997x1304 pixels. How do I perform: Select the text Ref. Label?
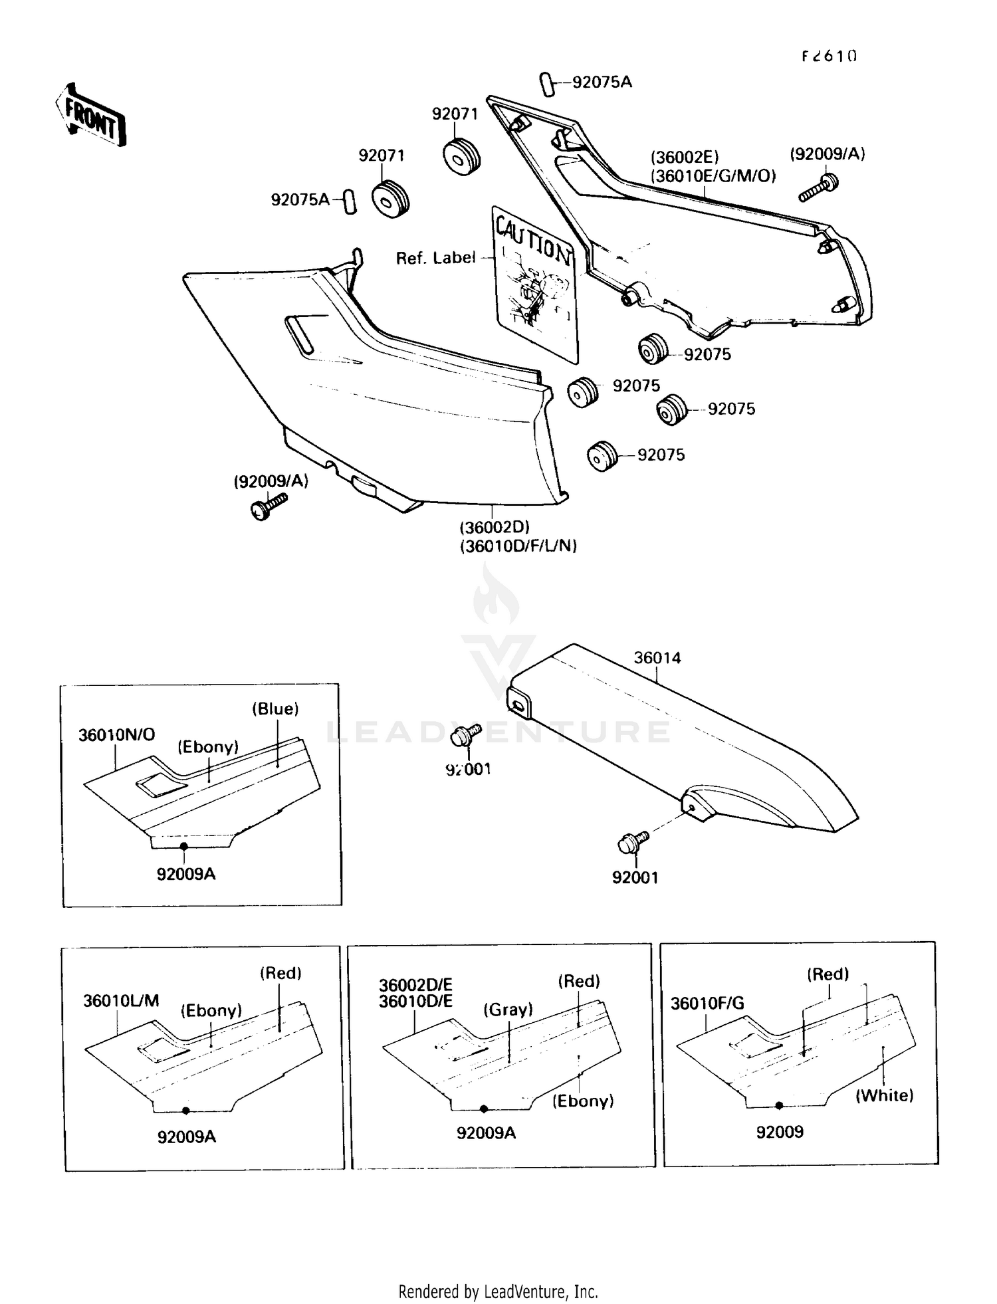coord(435,258)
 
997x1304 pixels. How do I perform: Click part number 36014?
coord(657,657)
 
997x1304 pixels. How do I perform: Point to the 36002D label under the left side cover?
coord(495,527)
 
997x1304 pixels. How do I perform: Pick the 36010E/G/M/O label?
coord(713,176)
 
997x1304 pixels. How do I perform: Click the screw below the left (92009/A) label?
coord(268,506)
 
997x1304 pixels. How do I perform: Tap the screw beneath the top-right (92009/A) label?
coord(818,187)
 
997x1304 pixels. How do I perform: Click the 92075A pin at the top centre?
coord(546,85)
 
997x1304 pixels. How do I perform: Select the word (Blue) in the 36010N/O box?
coord(275,709)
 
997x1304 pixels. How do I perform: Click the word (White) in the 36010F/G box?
coord(884,1095)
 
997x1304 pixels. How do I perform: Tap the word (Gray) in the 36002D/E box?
coord(508,1010)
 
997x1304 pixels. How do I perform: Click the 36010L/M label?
coord(121,1001)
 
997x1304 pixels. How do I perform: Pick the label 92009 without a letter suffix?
coord(780,1131)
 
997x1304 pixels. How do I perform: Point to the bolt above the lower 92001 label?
coord(633,842)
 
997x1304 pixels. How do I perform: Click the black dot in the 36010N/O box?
coord(184,846)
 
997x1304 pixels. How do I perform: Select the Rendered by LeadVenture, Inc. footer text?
coord(498,1291)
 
